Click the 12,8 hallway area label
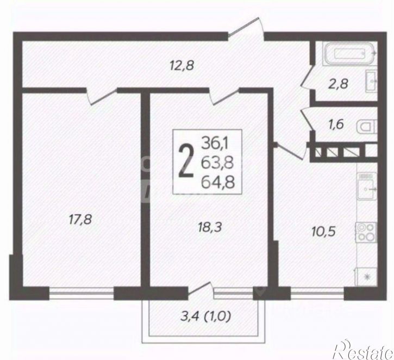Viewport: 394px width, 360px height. coord(182,66)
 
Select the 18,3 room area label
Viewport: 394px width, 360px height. coord(210,227)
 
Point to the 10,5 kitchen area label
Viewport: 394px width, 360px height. coord(323,231)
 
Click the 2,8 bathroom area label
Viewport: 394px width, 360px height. coord(338,83)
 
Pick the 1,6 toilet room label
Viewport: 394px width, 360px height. coord(336,124)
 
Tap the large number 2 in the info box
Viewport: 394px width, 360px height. coord(186,162)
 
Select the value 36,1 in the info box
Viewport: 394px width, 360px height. coord(215,144)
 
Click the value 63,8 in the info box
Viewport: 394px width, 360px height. coord(217,163)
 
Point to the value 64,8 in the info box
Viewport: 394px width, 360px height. coord(218,182)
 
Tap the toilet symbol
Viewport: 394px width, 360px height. coord(367,127)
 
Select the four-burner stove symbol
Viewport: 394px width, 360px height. coord(366,232)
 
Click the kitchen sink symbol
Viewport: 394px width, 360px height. coord(367,186)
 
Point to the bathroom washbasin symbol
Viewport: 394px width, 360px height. coord(371,81)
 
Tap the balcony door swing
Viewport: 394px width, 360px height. coord(201,288)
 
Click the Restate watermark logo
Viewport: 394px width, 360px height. coord(362,350)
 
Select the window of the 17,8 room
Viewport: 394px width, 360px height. coord(82,293)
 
